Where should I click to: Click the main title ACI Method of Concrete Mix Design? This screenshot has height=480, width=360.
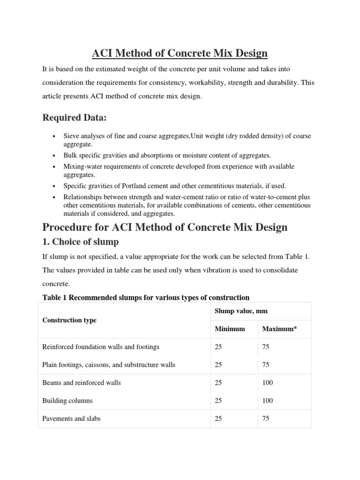(180, 53)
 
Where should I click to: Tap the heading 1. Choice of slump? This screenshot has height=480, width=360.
(81, 242)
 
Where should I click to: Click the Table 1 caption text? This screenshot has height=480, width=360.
(146, 297)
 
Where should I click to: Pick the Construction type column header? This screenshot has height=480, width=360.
(69, 320)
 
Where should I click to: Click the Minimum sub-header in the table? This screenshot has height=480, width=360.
(230, 329)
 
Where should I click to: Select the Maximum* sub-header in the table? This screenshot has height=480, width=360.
(279, 329)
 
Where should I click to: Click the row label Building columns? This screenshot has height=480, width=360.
(67, 401)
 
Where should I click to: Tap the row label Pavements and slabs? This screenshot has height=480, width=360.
(71, 419)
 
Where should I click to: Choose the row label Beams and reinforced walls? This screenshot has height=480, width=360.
(82, 382)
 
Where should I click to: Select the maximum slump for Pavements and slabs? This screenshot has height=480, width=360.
(266, 419)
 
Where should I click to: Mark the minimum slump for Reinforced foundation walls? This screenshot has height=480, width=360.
(218, 347)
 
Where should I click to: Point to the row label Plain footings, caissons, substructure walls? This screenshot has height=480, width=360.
(109, 365)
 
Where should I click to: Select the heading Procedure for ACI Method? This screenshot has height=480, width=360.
(165, 228)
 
